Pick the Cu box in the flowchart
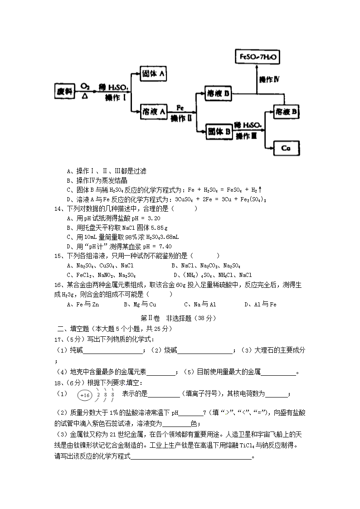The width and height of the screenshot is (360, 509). tap(286, 148)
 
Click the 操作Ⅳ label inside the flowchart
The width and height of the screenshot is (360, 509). tap(268, 79)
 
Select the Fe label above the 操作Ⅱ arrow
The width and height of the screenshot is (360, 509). tap(180, 108)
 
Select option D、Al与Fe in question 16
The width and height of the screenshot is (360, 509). tap(260, 304)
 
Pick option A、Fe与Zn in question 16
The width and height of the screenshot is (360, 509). tap(83, 304)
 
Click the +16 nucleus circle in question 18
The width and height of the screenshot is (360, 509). tap(85, 395)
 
